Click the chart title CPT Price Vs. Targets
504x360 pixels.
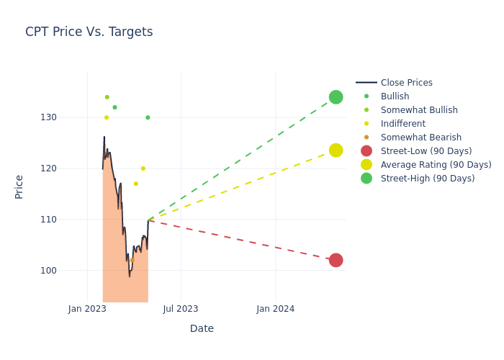pos(89,32)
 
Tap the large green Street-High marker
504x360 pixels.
pos(336,97)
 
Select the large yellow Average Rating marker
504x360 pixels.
pos(336,150)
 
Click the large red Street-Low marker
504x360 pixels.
pos(336,260)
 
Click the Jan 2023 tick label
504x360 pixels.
pos(88,309)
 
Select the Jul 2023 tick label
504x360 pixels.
pos(181,309)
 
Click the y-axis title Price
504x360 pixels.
pos(19,186)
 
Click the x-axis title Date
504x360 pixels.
pos(202,329)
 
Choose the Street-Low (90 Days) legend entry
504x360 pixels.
pos(426,151)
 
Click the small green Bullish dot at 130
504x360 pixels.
pos(148,117)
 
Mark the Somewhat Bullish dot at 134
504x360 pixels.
pos(107,97)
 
